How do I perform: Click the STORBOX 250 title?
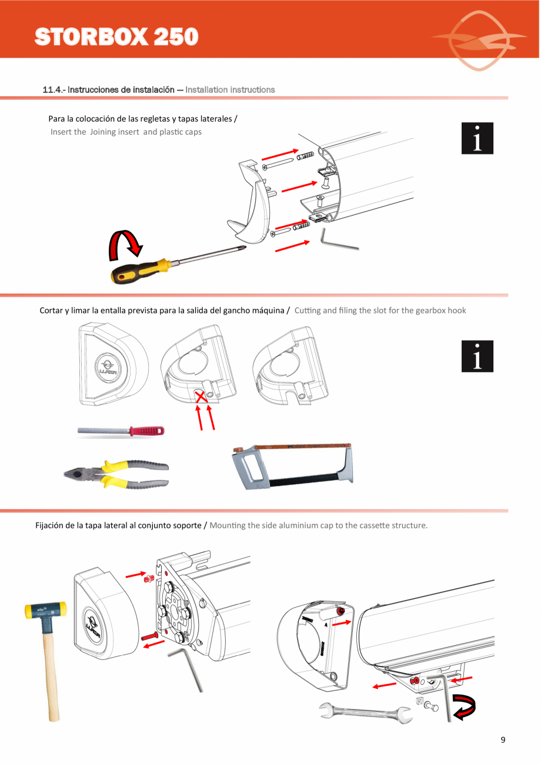click(x=116, y=36)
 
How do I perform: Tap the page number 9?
click(x=503, y=740)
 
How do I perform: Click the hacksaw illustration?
click(x=292, y=466)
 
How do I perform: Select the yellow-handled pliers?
click(x=116, y=474)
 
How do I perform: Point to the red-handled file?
click(x=121, y=431)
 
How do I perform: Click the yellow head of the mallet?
click(x=45, y=611)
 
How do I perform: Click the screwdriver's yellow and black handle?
click(x=140, y=270)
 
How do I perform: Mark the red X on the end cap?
click(x=201, y=397)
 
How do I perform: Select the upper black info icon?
click(x=477, y=138)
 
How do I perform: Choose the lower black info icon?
click(x=477, y=356)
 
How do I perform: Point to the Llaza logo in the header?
click(x=479, y=40)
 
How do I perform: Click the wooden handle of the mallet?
click(x=51, y=673)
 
